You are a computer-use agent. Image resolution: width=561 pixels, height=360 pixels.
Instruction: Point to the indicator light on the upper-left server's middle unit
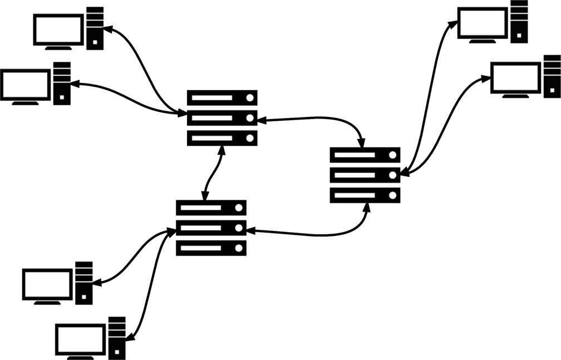[x=250, y=118]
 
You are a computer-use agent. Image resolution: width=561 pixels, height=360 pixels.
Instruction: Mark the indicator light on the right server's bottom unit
[x=392, y=195]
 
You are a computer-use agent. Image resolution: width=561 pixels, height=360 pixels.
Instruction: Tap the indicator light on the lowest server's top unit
[x=239, y=208]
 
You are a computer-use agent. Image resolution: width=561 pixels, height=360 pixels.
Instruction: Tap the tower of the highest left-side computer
[x=95, y=27]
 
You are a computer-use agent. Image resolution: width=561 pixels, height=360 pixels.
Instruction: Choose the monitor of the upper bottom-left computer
[x=47, y=285]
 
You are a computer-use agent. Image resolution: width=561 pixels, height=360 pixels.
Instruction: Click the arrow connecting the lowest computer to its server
[x=146, y=284]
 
